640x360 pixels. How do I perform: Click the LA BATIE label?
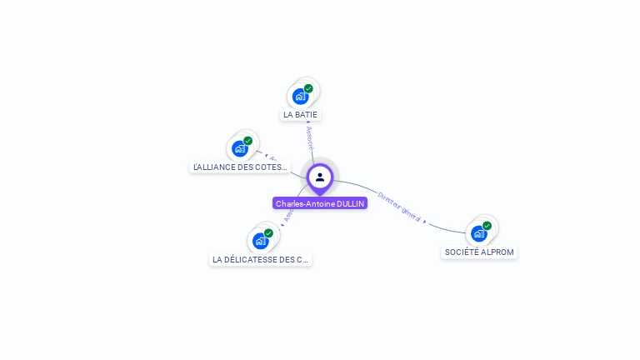300,114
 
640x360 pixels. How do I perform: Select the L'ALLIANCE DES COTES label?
241,167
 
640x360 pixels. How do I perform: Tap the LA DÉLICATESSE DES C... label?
261,259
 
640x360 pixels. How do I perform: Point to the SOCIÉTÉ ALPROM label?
479,252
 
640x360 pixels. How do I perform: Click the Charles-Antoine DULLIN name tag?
320,203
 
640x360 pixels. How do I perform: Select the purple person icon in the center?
320,177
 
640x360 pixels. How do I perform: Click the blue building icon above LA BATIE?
300,97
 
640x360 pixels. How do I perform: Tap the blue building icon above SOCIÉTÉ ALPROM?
478,233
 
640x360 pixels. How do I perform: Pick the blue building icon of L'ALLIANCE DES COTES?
240,149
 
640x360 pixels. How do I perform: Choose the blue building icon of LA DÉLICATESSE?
260,241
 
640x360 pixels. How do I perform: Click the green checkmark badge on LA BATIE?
308,88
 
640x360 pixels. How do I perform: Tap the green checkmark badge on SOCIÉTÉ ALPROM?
487,226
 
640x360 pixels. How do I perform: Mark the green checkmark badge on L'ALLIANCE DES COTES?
248,141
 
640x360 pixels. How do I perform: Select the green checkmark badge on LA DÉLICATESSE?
268,233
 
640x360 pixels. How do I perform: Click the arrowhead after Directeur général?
425,222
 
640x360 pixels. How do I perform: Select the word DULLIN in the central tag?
351,203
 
